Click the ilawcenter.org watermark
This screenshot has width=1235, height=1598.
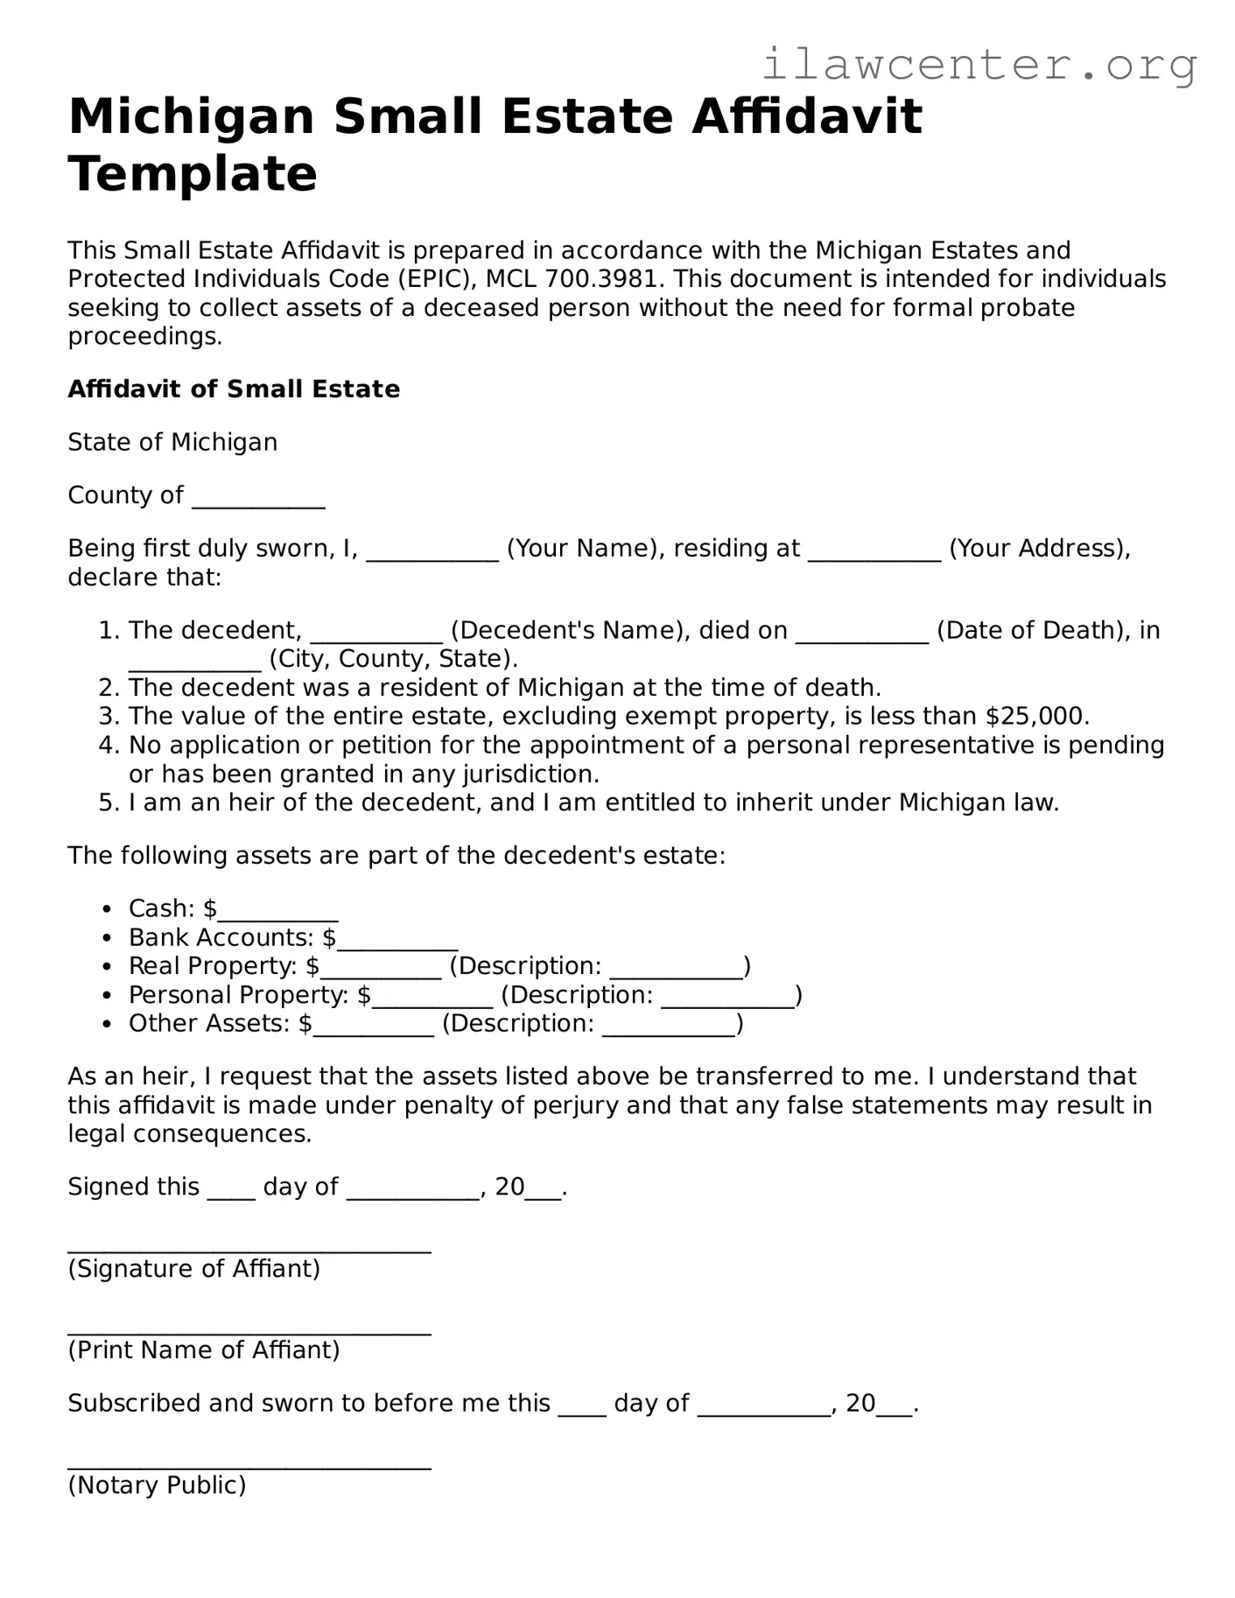(979, 65)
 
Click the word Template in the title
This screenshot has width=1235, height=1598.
(193, 173)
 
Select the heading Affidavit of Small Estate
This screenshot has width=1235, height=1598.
(234, 389)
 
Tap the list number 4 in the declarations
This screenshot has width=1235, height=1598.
(108, 746)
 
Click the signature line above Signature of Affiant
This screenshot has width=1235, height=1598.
(249, 1250)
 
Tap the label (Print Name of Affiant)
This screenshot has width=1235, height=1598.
(204, 1350)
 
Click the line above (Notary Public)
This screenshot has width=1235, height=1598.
(249, 1466)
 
